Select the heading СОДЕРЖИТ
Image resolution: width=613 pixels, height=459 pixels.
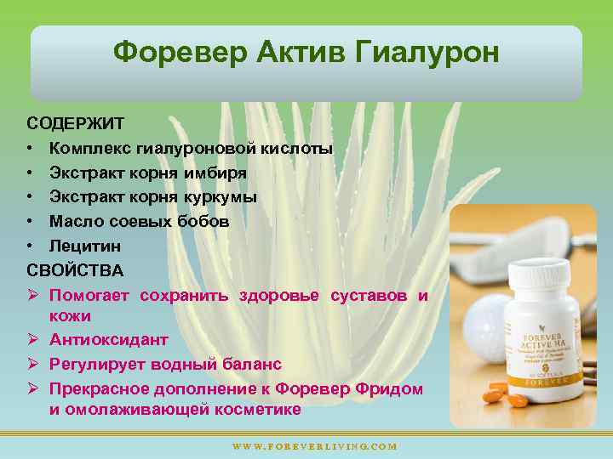tap(75, 124)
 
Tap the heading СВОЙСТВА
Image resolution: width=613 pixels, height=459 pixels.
tap(75, 270)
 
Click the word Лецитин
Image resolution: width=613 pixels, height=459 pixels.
tap(85, 246)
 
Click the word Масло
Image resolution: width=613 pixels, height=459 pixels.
tap(74, 222)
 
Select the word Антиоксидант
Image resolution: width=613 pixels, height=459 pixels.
tap(109, 340)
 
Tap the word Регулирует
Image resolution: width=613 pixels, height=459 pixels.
tap(96, 365)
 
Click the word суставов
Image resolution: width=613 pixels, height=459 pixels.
tap(367, 295)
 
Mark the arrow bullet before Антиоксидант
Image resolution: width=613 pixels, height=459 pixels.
tap(32, 340)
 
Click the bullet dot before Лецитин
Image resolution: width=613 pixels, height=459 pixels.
tap(30, 246)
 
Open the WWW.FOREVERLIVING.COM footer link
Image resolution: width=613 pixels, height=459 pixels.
tap(314, 445)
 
